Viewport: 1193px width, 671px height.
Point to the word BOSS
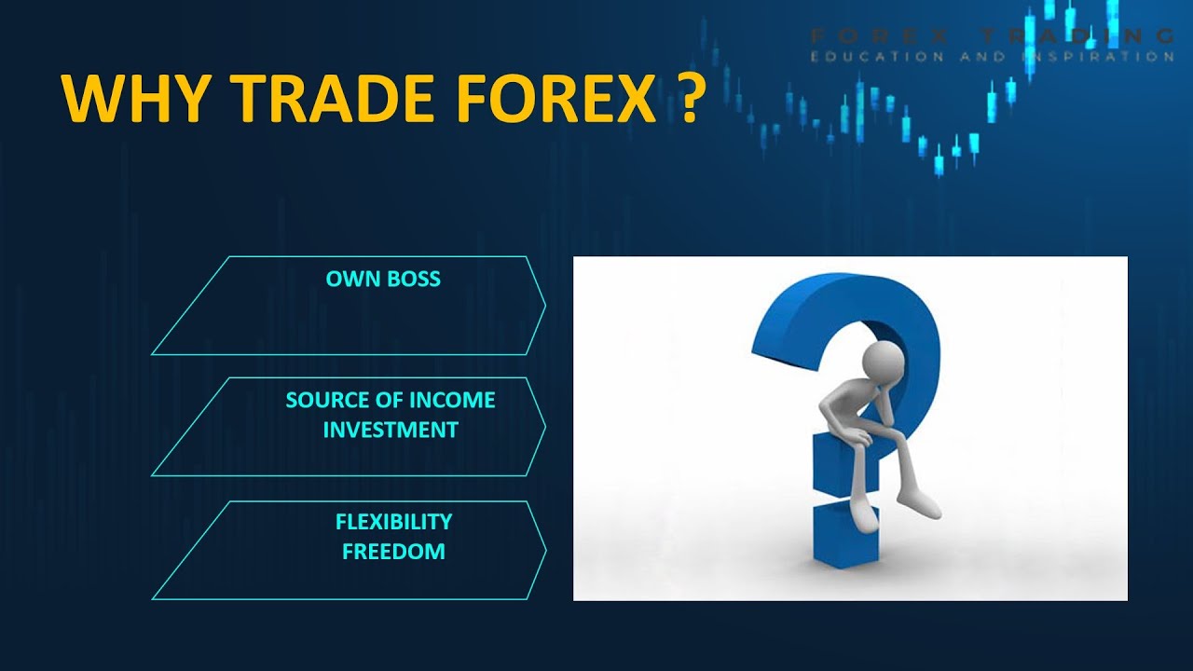coord(412,279)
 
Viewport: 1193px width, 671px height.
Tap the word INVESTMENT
coord(391,431)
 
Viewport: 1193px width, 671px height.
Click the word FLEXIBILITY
coord(393,522)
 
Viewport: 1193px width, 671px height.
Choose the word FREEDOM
coord(393,552)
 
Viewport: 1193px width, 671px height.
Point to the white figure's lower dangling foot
coord(863,517)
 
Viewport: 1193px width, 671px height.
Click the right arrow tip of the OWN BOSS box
coord(544,305)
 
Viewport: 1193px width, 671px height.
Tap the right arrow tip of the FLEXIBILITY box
coord(544,550)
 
